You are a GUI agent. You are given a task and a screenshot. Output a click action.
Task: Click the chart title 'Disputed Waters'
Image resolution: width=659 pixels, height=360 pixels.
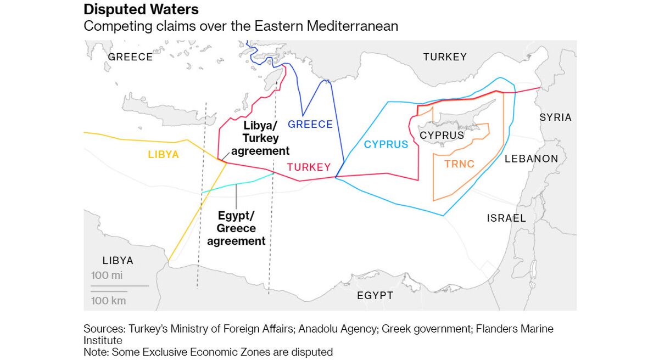(x=141, y=9)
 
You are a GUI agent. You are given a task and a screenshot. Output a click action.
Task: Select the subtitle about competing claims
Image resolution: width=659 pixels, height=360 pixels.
(x=241, y=26)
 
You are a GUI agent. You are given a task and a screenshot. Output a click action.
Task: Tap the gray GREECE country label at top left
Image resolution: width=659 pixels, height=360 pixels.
(x=130, y=57)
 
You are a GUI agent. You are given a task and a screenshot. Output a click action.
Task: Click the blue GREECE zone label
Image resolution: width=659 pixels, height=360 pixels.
(x=310, y=125)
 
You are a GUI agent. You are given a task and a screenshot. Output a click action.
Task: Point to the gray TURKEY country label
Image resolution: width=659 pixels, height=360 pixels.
(x=445, y=57)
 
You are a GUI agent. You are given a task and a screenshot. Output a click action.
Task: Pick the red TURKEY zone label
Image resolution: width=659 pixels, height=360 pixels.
(x=309, y=167)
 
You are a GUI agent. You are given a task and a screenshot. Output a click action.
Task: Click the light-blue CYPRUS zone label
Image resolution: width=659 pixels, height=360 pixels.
(x=386, y=145)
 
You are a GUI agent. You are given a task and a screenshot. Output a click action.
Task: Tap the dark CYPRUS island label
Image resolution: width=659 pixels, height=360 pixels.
(x=442, y=135)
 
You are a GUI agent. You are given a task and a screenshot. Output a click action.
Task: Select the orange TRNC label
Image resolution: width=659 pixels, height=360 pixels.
(x=459, y=164)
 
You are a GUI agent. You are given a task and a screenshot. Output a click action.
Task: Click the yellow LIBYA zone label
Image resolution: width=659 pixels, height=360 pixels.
(x=164, y=155)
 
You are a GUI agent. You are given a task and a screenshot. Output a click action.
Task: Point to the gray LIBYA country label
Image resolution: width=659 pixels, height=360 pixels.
(x=118, y=261)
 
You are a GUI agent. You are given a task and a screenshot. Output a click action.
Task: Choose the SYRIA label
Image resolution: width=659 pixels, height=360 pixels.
(x=555, y=117)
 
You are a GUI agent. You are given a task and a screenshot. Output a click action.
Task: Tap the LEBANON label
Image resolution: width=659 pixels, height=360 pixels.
(x=531, y=159)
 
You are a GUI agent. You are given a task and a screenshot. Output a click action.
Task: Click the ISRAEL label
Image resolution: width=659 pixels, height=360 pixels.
(x=506, y=218)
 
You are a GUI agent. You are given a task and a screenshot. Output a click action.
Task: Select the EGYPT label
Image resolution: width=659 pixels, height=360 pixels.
(x=375, y=296)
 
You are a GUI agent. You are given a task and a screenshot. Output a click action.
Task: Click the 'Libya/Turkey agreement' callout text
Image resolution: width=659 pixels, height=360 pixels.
(x=260, y=138)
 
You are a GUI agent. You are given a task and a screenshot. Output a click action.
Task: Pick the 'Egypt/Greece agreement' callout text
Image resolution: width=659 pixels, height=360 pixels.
(x=236, y=228)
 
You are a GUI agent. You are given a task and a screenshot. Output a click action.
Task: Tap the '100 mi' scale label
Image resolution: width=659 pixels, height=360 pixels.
(x=107, y=275)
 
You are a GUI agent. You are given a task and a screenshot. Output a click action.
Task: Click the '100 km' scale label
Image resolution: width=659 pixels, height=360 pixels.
(x=109, y=301)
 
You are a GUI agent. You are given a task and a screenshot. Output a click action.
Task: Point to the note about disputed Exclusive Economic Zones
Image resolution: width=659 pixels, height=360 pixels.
(x=208, y=352)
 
